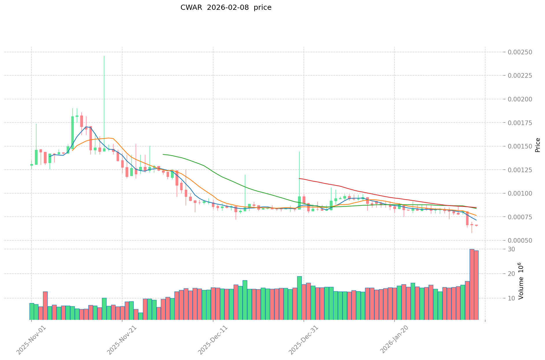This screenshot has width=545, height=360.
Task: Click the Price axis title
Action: pyautogui.click(x=537, y=145)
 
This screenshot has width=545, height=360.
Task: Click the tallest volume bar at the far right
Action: pyautogui.click(x=472, y=284)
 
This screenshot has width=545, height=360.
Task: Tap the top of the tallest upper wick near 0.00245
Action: pyautogui.click(x=104, y=56)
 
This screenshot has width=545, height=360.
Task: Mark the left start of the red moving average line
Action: pyautogui.click(x=299, y=179)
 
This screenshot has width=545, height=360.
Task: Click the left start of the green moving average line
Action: pyautogui.click(x=163, y=154)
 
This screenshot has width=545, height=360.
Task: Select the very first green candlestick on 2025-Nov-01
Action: pyautogui.click(x=31, y=165)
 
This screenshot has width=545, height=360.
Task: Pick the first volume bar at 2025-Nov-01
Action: pyautogui.click(x=31, y=311)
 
